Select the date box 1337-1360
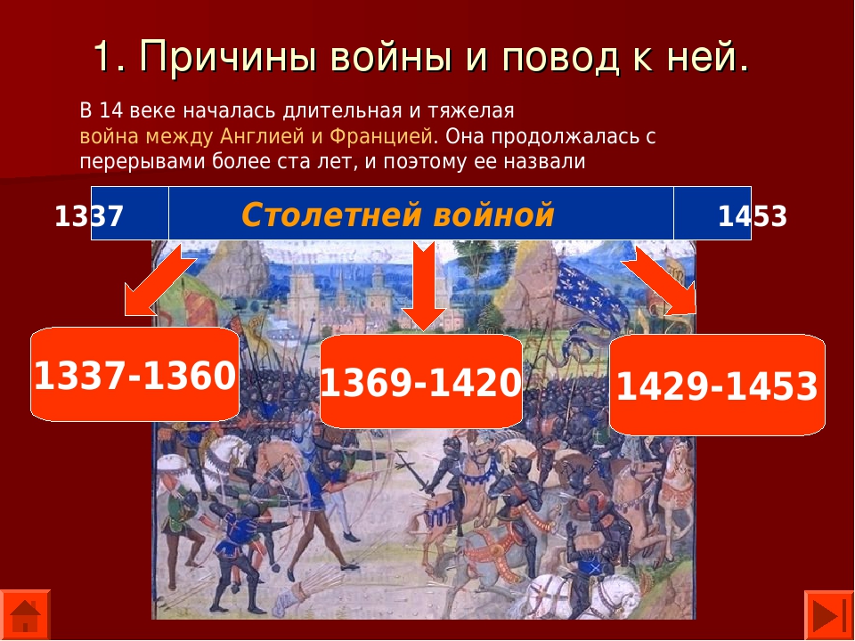coord(134,375)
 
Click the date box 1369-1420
coord(421,381)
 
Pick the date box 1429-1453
coord(717,385)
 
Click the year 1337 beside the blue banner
coord(89,216)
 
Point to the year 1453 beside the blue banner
coord(753,216)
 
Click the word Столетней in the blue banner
coord(332,215)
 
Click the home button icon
coord(25,615)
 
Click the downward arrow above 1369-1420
coord(424,286)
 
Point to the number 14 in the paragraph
coord(111,110)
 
